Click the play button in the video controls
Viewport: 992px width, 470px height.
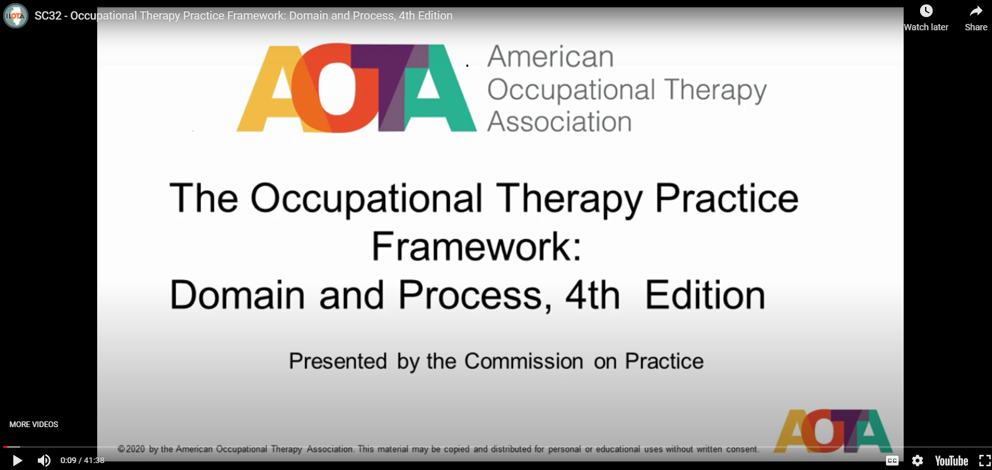[x=17, y=461]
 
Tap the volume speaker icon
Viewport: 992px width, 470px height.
[x=44, y=461]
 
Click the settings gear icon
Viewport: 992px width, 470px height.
[x=917, y=461]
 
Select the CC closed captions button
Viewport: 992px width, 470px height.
[x=892, y=461]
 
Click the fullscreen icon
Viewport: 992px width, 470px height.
[x=984, y=461]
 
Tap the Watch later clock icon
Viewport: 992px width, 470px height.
[x=926, y=11]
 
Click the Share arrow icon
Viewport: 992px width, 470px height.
[x=976, y=11]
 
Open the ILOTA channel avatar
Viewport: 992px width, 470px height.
[x=16, y=16]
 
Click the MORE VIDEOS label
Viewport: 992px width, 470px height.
[x=33, y=425]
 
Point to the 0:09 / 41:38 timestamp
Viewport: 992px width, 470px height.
[x=83, y=461]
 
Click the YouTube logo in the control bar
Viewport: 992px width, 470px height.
[x=951, y=461]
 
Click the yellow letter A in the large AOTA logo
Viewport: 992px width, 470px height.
[x=270, y=88]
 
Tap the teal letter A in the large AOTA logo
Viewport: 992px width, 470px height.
[x=439, y=88]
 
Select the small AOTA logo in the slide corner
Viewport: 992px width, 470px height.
[x=832, y=431]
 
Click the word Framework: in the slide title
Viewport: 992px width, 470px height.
[x=476, y=247]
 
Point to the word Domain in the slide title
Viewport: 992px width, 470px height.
[x=237, y=295]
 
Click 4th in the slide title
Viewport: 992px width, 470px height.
[x=593, y=295]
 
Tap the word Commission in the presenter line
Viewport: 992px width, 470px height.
[x=524, y=361]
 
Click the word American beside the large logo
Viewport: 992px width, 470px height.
[x=550, y=57]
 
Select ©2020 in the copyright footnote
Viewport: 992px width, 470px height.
[x=131, y=449]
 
